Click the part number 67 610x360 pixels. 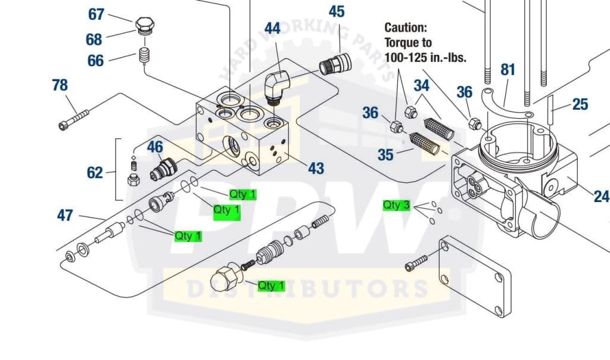click(x=96, y=14)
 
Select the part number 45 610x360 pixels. click(x=336, y=11)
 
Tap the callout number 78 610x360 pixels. click(x=60, y=85)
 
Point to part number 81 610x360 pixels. click(x=507, y=70)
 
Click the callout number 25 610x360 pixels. click(x=580, y=105)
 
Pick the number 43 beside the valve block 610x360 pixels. click(x=316, y=169)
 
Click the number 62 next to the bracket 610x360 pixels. click(x=95, y=173)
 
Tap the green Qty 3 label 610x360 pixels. click(x=396, y=206)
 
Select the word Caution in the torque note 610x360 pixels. click(x=406, y=27)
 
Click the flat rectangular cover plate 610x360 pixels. click(x=474, y=278)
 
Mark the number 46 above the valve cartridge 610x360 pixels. click(x=155, y=147)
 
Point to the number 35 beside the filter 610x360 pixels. click(x=386, y=155)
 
